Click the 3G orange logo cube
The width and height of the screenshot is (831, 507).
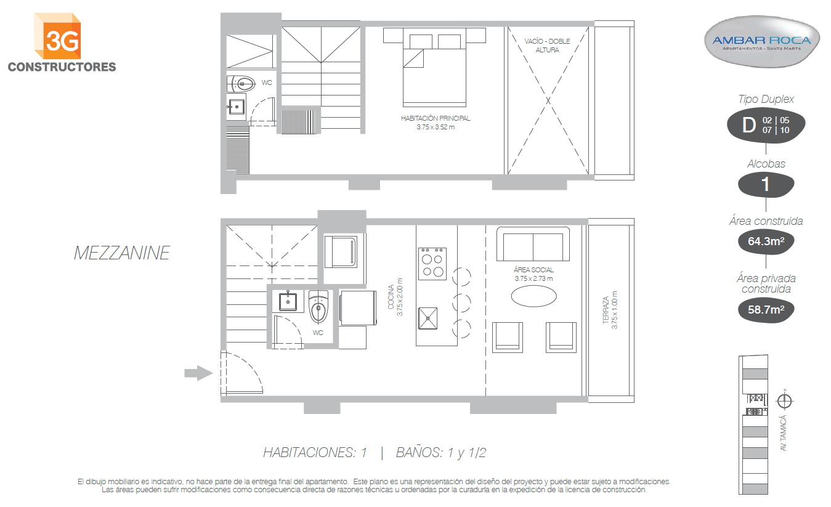[57, 36]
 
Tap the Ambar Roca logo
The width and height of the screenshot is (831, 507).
[761, 41]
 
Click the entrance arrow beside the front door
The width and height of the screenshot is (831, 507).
[198, 373]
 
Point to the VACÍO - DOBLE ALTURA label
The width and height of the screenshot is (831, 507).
[547, 45]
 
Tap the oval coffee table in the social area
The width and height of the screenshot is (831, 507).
[534, 296]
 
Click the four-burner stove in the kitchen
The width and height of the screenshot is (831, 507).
[432, 264]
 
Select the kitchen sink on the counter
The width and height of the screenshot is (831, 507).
[428, 318]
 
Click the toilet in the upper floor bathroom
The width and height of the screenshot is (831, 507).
[241, 84]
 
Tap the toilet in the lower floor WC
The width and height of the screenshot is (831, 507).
[318, 307]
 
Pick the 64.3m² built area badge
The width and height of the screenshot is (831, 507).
[766, 241]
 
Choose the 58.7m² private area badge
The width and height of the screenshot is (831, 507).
[766, 310]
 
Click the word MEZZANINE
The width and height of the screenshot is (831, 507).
[122, 253]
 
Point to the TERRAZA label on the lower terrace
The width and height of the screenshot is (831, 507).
[606, 310]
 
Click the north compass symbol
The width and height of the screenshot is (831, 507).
[784, 401]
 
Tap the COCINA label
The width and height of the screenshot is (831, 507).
[391, 297]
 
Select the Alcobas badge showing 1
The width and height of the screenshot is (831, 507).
[766, 185]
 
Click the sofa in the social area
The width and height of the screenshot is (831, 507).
[533, 244]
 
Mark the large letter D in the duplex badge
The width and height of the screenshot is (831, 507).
[749, 125]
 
